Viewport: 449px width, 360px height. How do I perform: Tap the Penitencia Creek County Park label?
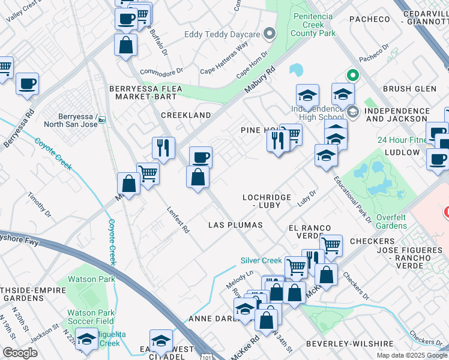click(313, 25)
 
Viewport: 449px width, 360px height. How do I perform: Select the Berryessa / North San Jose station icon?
click(102, 119)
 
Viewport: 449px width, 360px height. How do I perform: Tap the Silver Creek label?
click(261, 260)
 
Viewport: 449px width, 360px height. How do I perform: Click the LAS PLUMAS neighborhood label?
click(235, 225)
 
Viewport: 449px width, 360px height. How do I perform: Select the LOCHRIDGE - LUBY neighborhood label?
click(266, 201)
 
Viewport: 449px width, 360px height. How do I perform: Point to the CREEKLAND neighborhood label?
click(185, 115)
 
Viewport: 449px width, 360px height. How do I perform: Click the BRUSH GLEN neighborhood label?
click(409, 89)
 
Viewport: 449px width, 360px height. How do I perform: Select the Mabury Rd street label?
click(259, 79)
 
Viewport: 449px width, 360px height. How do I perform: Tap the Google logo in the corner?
click(20, 353)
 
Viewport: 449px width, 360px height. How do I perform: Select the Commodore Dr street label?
click(161, 71)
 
